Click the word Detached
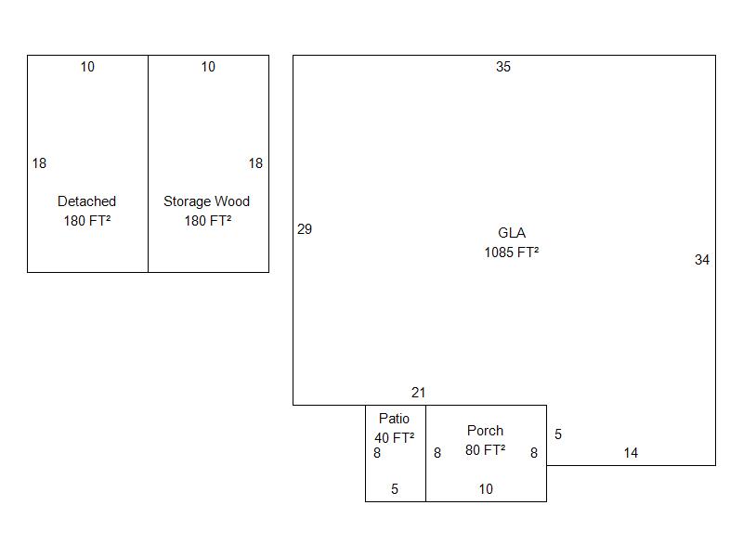(x=86, y=201)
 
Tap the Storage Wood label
(x=206, y=201)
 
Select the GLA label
(x=512, y=233)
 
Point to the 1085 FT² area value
(x=512, y=252)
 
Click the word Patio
(x=394, y=419)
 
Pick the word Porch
(x=485, y=431)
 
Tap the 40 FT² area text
(x=394, y=437)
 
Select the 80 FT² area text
(x=485, y=450)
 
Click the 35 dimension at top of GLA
(x=503, y=67)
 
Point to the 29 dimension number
(x=305, y=229)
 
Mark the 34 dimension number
(x=702, y=260)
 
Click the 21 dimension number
(x=419, y=393)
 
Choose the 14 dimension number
(x=631, y=453)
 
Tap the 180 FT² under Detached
(x=87, y=221)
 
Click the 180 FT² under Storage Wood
(x=208, y=221)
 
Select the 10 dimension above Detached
(x=87, y=67)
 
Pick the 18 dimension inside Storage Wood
(x=256, y=163)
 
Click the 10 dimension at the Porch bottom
(x=486, y=489)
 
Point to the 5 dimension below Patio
(x=395, y=489)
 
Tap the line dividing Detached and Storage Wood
(x=149, y=164)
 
